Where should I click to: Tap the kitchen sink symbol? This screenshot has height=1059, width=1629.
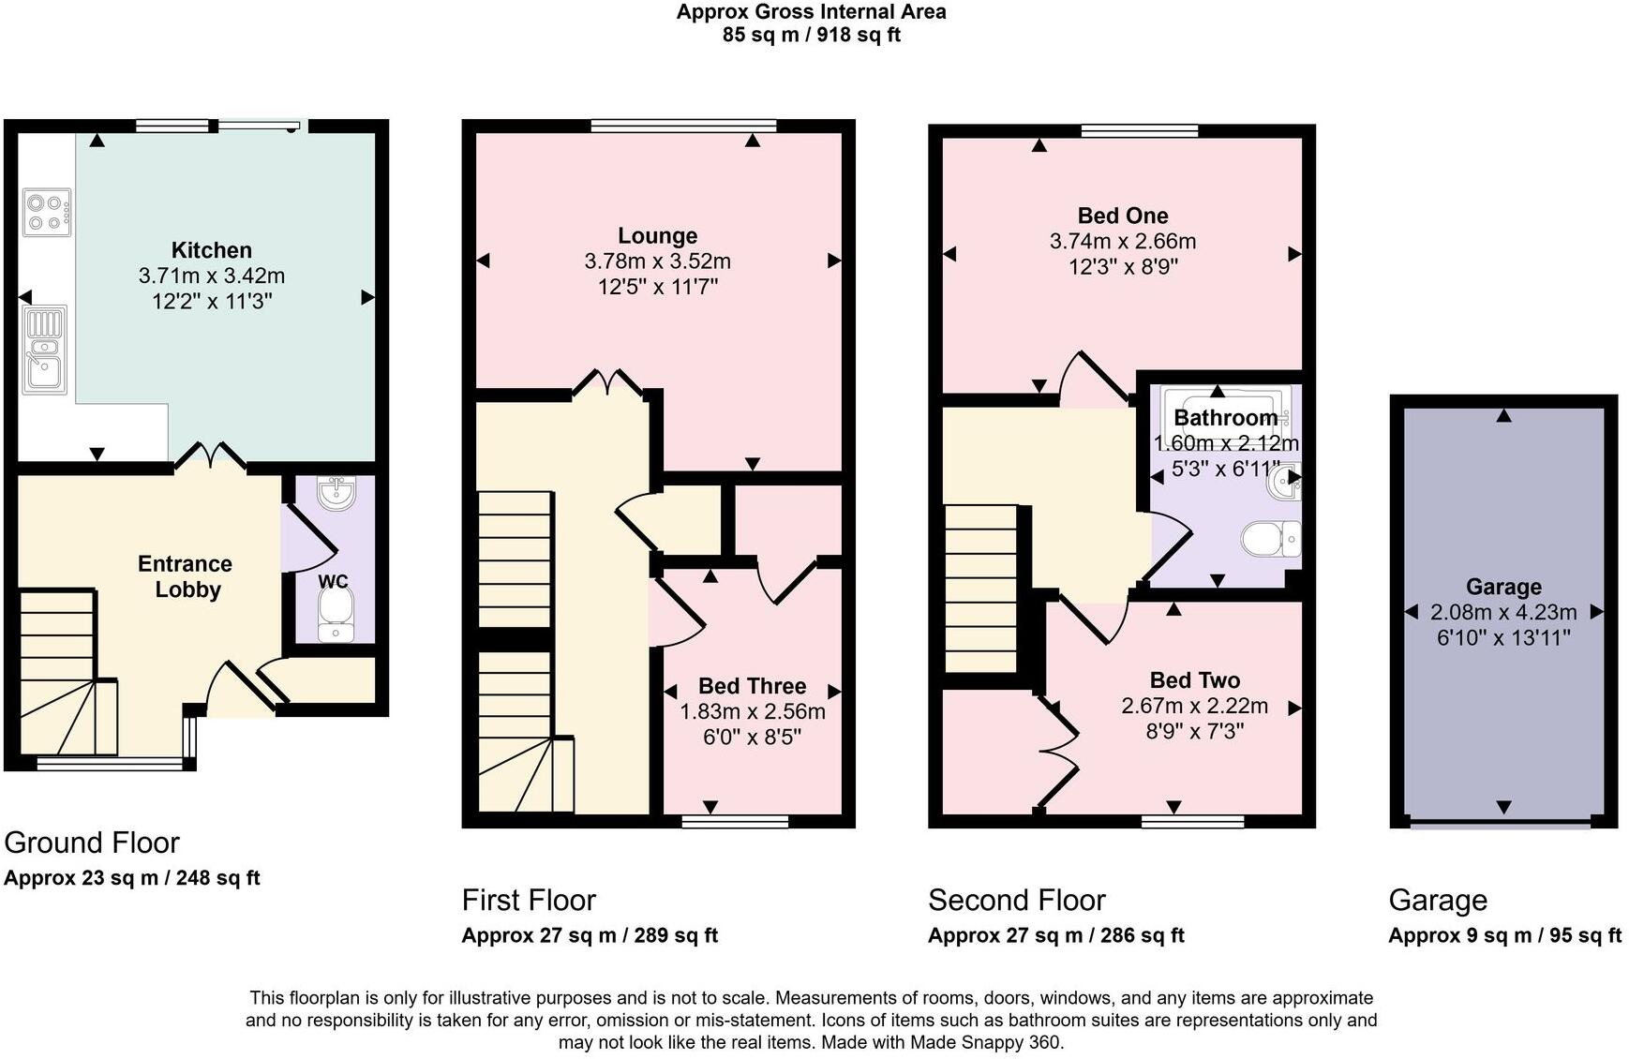[44, 349]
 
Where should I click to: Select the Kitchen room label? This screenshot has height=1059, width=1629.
[212, 250]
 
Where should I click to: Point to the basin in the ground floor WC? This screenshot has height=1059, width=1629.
[336, 493]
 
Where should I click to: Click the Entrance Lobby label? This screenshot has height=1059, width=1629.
[186, 576]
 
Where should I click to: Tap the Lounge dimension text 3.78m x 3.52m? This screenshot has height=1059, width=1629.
[657, 261]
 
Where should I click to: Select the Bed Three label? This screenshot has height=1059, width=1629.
[752, 686]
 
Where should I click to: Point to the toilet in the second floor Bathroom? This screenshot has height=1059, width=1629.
[1270, 539]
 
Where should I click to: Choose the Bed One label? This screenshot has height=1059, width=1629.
[1122, 216]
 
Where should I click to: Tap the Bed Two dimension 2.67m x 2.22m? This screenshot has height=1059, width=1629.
[1194, 706]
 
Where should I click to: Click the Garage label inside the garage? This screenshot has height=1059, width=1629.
[1503, 587]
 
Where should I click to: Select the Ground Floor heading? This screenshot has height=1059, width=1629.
[92, 843]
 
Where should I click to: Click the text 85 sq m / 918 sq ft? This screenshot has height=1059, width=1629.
[811, 36]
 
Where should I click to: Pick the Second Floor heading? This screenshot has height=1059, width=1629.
[1016, 901]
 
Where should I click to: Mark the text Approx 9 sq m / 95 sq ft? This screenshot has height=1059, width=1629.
[1504, 935]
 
